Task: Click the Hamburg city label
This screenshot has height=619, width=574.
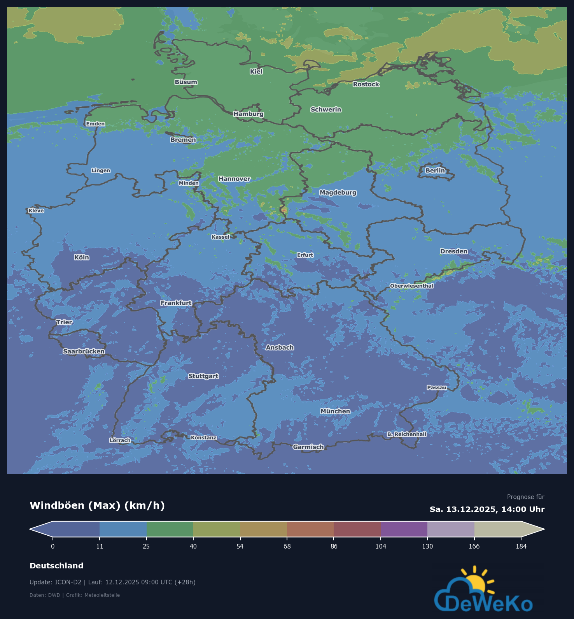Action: pos(248,114)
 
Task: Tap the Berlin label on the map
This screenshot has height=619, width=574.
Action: pos(435,171)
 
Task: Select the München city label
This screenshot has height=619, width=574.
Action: pos(335,411)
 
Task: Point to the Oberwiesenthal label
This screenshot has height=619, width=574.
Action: pos(411,286)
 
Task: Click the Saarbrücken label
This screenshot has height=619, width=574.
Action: pos(84,351)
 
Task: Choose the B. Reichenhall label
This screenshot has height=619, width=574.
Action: pos(407,434)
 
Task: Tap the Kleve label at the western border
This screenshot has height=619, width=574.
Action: pos(36,211)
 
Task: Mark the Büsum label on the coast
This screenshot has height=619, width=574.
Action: pos(186,82)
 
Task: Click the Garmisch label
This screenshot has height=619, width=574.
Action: pos(308,447)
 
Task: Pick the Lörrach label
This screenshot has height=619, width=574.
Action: pos(120,440)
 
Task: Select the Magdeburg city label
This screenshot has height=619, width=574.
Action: pos(338,192)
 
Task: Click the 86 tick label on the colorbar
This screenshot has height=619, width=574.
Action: pos(334,546)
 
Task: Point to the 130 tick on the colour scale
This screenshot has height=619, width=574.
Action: pos(427,546)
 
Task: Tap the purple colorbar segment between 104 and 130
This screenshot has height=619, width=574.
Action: pos(404,529)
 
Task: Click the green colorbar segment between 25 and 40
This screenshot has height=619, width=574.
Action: pos(170,529)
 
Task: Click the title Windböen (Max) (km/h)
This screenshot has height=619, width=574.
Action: pos(97,505)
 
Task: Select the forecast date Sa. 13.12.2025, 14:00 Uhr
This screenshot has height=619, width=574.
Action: pos(487,509)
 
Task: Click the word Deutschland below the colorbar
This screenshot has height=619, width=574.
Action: pos(56,566)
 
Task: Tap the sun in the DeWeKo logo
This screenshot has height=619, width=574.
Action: pos(476,583)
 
